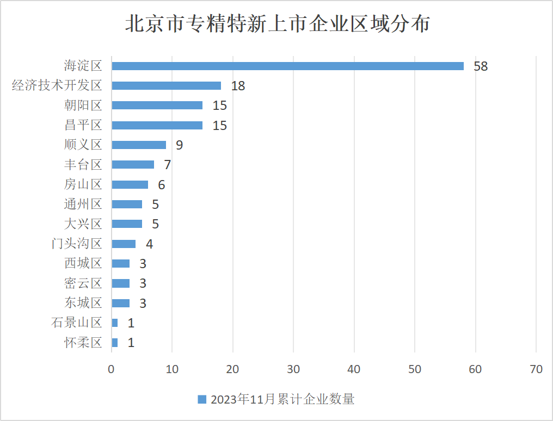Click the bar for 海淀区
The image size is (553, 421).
tap(287, 66)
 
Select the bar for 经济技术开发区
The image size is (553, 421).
tap(166, 85)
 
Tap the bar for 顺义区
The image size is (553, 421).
tap(139, 145)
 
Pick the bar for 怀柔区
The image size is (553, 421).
tap(114, 343)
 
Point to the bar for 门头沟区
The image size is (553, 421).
tap(124, 244)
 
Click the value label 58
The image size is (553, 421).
tap(481, 66)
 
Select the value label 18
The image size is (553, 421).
tap(238, 86)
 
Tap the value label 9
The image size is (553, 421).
tap(179, 145)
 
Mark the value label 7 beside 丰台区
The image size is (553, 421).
tap(167, 165)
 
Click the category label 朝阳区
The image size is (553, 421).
tap(83, 105)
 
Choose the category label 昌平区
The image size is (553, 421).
tap(83, 125)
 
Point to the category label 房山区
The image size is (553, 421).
tap(83, 184)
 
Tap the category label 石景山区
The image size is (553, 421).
tap(77, 323)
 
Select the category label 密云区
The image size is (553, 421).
tap(83, 283)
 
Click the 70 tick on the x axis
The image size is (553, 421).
tap(536, 369)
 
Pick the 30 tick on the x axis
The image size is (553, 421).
tap(293, 369)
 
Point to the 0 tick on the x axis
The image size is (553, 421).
tap(112, 369)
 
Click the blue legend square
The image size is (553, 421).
tap(202, 399)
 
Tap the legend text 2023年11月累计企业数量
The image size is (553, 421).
tap(282, 399)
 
